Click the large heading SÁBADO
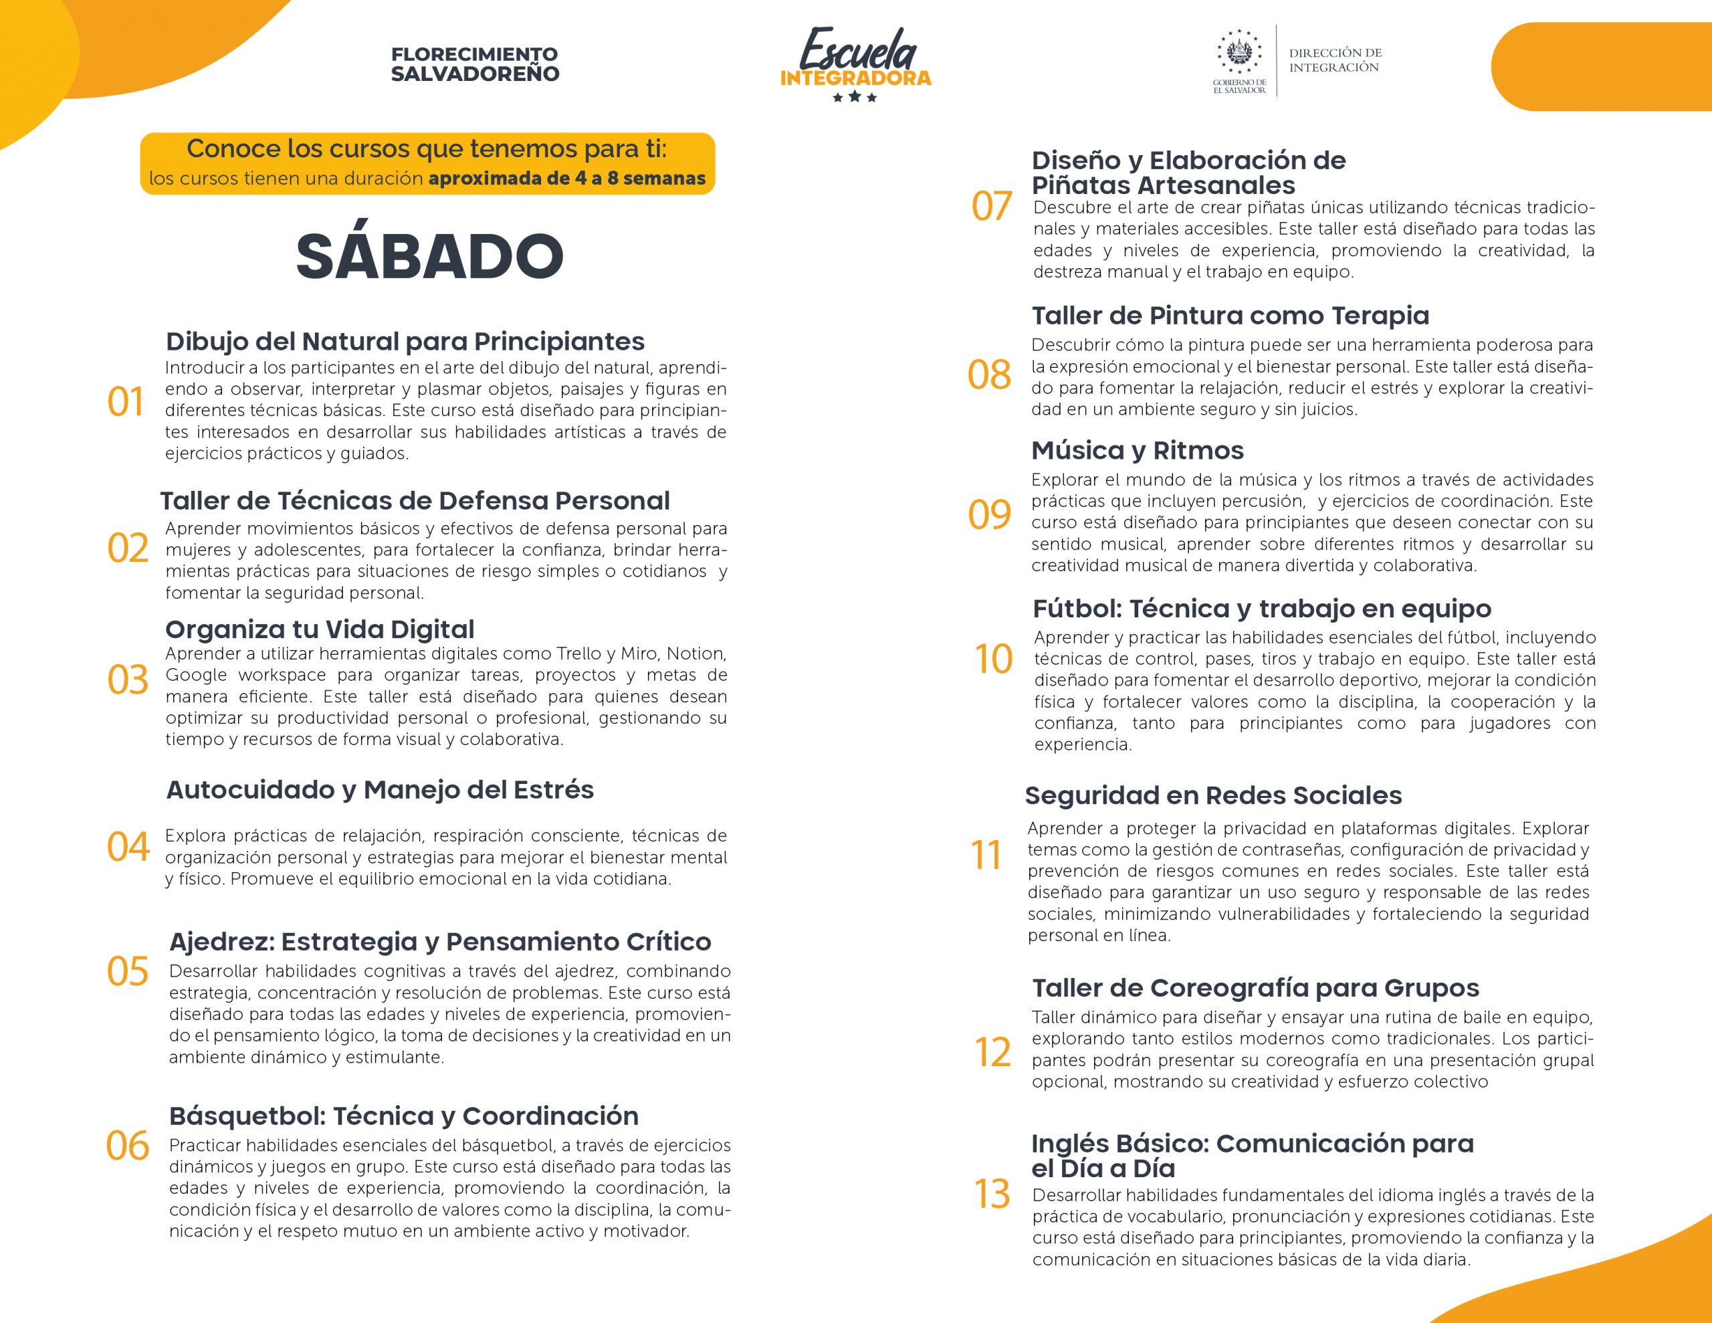pyautogui.click(x=429, y=256)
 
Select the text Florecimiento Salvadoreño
pyautogui.click(x=475, y=64)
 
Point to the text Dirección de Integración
pyautogui.click(x=1335, y=60)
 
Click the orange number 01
pyautogui.click(x=126, y=401)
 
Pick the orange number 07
pyautogui.click(x=992, y=206)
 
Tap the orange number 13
pyautogui.click(x=992, y=1194)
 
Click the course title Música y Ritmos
pyautogui.click(x=1138, y=450)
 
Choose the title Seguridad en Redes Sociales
pyautogui.click(x=1212, y=795)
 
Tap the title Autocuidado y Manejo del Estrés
pyautogui.click(x=380, y=789)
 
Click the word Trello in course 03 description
pyautogui.click(x=579, y=653)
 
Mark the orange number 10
pyautogui.click(x=993, y=659)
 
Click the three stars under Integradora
pyautogui.click(x=855, y=97)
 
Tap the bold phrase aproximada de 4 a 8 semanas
pyautogui.click(x=566, y=178)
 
